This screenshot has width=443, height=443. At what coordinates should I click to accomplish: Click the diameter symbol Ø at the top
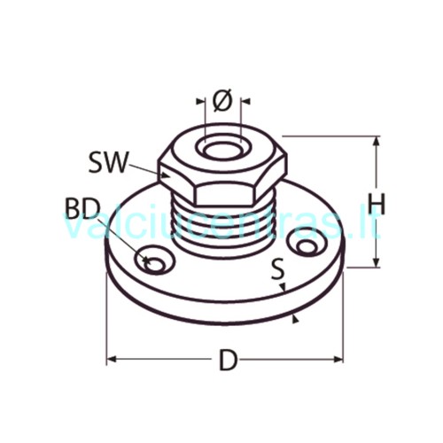pyautogui.click(x=222, y=100)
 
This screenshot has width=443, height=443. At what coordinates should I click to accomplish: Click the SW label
pyautogui.click(x=108, y=162)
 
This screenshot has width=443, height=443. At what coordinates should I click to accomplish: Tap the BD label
pyautogui.click(x=82, y=208)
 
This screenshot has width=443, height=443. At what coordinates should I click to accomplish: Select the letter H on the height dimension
pyautogui.click(x=377, y=204)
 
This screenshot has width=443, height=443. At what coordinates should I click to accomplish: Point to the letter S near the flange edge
pyautogui.click(x=278, y=268)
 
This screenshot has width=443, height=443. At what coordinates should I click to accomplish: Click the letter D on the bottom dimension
pyautogui.click(x=229, y=360)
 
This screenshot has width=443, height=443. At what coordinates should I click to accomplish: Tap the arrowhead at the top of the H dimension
pyautogui.click(x=377, y=142)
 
